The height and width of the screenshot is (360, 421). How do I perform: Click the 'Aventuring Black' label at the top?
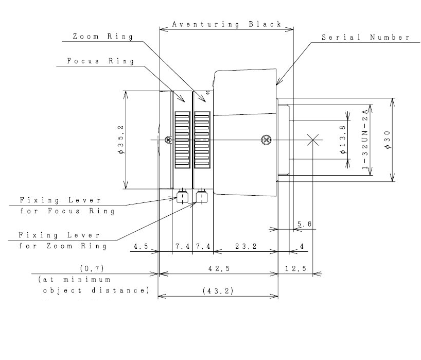click(x=226, y=24)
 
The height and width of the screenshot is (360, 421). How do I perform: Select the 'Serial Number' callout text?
click(x=365, y=37)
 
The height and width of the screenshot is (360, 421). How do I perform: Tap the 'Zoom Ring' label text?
click(x=102, y=37)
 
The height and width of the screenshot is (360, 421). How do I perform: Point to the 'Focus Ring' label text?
click(x=100, y=61)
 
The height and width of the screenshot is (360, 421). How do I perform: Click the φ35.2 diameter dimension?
click(x=120, y=140)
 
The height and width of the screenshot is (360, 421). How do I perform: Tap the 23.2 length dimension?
click(x=245, y=247)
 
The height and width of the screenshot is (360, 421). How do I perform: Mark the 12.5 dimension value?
click(x=296, y=269)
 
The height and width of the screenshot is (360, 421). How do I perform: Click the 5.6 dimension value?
click(x=304, y=224)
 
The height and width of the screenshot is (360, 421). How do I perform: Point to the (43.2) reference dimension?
click(x=218, y=291)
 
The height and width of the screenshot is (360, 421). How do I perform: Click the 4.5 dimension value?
click(x=141, y=247)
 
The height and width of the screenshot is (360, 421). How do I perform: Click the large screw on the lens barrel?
click(x=266, y=140)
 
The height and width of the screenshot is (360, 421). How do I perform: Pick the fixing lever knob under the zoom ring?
click(x=202, y=197)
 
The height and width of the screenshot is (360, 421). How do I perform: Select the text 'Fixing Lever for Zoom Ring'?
click(x=63, y=241)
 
